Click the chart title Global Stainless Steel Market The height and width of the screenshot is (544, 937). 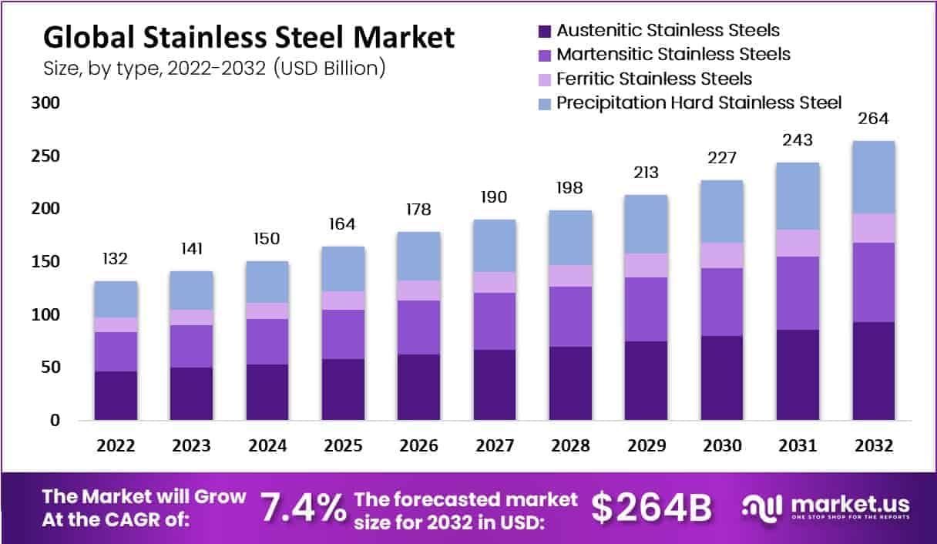pyautogui.click(x=248, y=37)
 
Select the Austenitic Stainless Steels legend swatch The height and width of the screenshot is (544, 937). pyautogui.click(x=544, y=32)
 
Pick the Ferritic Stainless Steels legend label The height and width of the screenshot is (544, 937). pyautogui.click(x=654, y=79)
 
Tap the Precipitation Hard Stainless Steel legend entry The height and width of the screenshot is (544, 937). pyautogui.click(x=699, y=102)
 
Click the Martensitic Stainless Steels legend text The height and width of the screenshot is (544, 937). pyautogui.click(x=673, y=55)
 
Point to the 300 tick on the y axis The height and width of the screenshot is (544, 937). pyautogui.click(x=45, y=103)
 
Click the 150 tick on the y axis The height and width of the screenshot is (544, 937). pyautogui.click(x=45, y=262)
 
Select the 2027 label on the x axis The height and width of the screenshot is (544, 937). pyautogui.click(x=494, y=446)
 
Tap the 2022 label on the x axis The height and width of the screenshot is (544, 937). pyautogui.click(x=116, y=446)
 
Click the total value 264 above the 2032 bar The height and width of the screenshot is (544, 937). pyautogui.click(x=873, y=119)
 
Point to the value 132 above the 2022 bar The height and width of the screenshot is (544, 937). pyautogui.click(x=116, y=259)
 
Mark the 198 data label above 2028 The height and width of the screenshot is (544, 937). pyautogui.click(x=569, y=188)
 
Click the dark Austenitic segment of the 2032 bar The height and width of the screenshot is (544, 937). pyautogui.click(x=873, y=371)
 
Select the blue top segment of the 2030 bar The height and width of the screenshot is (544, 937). pyautogui.click(x=721, y=211)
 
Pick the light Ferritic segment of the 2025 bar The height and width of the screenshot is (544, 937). pyautogui.click(x=343, y=301)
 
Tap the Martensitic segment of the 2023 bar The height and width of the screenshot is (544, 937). pyautogui.click(x=192, y=346)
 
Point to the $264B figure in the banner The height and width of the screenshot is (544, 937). pyautogui.click(x=651, y=508)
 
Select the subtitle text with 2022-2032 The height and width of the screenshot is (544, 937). pyautogui.click(x=214, y=68)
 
